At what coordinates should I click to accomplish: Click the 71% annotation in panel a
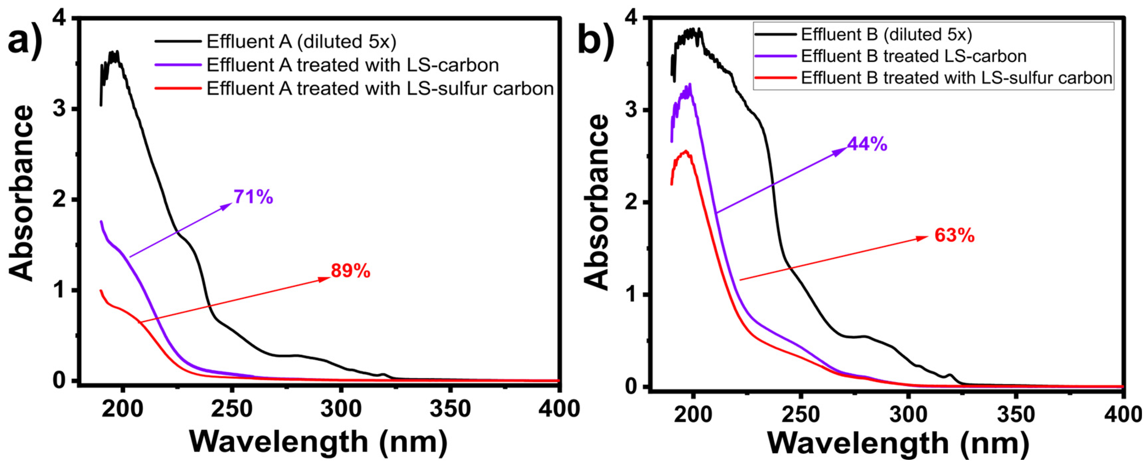coord(253,197)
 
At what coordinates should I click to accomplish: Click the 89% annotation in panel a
coord(350,271)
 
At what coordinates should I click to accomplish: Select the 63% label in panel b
coord(954,235)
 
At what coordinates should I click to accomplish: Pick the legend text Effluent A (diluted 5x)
coord(301,41)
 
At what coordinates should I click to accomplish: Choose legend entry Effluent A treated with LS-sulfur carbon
coord(380,88)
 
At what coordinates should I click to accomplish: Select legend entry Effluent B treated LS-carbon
coord(914,56)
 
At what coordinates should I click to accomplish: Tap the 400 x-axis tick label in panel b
coord(1123,415)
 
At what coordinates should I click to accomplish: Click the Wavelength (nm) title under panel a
coord(319,441)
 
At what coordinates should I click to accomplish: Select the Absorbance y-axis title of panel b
coord(596,203)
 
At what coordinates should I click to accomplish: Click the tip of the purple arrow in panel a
coord(231,203)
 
